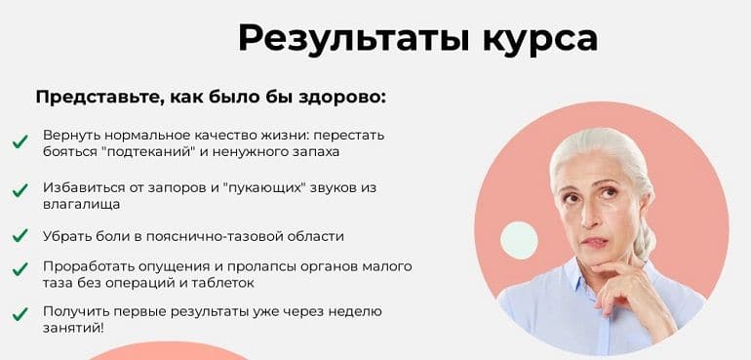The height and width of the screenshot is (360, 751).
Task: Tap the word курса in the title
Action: (x=537, y=39)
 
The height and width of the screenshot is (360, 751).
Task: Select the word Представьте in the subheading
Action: (x=97, y=98)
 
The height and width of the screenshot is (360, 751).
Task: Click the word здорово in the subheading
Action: (x=336, y=98)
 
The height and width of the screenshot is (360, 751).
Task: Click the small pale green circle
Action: (x=519, y=240)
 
